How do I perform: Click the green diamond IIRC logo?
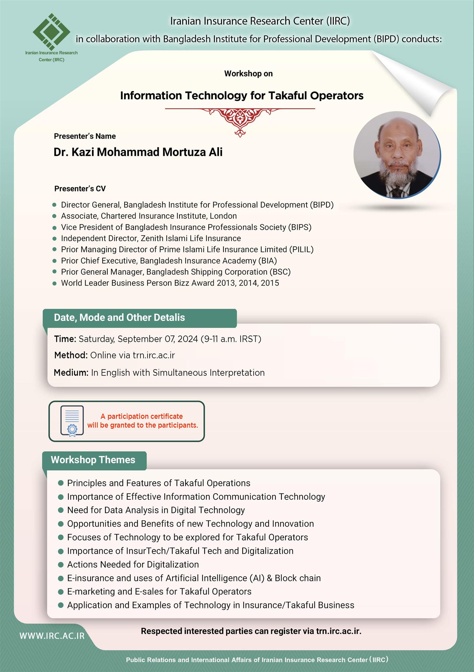click(51, 32)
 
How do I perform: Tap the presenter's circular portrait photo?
click(397, 155)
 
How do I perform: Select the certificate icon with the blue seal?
click(72, 421)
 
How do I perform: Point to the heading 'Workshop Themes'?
click(93, 460)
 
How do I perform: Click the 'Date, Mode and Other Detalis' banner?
click(119, 318)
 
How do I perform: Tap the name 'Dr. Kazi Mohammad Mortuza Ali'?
click(138, 152)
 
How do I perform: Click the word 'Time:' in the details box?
click(65, 339)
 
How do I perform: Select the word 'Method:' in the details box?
click(71, 355)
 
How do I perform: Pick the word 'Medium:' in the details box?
click(71, 373)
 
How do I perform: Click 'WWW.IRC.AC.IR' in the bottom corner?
click(52, 636)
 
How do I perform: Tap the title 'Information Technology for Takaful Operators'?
click(242, 96)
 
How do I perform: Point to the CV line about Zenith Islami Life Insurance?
click(151, 238)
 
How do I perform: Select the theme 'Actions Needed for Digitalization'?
click(133, 564)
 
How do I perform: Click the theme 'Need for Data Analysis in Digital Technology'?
click(156, 510)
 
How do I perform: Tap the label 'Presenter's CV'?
click(80, 188)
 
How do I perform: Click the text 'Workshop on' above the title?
click(248, 74)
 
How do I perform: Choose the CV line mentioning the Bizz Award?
click(170, 283)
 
